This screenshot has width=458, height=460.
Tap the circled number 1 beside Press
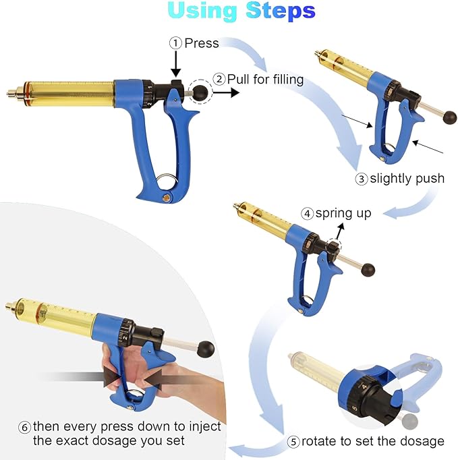click(175, 43)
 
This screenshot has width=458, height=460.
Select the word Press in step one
click(202, 43)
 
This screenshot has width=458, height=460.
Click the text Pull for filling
click(265, 78)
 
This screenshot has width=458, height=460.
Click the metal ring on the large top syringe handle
click(169, 181)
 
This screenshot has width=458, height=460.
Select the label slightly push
click(407, 178)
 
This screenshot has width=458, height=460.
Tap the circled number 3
click(362, 179)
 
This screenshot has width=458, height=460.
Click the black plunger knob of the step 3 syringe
click(450, 118)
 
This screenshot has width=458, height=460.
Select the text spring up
click(344, 213)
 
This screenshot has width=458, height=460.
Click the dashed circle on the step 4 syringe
click(334, 247)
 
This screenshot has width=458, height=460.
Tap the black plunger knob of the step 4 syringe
click(368, 270)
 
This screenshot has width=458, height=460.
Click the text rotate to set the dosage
click(372, 441)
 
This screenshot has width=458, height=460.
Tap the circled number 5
click(293, 442)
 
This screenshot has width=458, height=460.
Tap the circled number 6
click(24, 426)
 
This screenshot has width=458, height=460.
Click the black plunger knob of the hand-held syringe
click(206, 349)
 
